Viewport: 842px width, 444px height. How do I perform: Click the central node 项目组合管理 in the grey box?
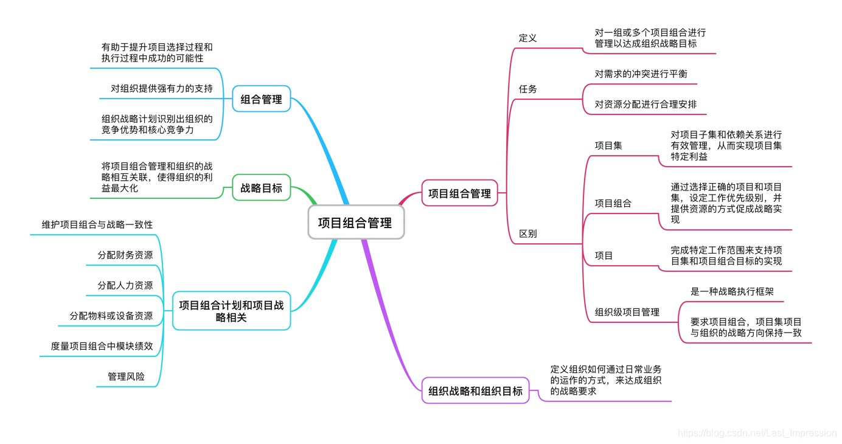(x=355, y=223)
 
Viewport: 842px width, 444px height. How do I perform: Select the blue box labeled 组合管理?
(x=262, y=99)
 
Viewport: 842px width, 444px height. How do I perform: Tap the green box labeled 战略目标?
(x=262, y=188)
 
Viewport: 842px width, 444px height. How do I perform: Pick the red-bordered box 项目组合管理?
(x=459, y=194)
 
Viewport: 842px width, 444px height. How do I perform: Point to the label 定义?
(x=527, y=38)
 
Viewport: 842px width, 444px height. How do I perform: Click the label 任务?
(x=527, y=89)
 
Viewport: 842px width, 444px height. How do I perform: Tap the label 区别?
(x=527, y=234)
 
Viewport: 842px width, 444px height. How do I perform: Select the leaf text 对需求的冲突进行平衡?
(x=641, y=74)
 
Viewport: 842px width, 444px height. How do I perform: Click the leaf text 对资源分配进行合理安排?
(x=645, y=104)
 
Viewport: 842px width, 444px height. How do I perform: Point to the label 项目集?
(x=608, y=145)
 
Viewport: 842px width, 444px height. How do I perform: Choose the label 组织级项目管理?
(x=627, y=312)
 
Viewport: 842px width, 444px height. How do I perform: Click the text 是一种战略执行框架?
(x=732, y=291)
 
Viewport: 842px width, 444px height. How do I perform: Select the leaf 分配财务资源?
(x=125, y=255)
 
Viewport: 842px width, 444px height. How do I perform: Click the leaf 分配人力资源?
(x=125, y=285)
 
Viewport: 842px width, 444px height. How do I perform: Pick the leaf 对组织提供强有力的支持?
(x=162, y=89)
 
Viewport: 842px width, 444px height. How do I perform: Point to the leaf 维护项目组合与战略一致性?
(x=97, y=224)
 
